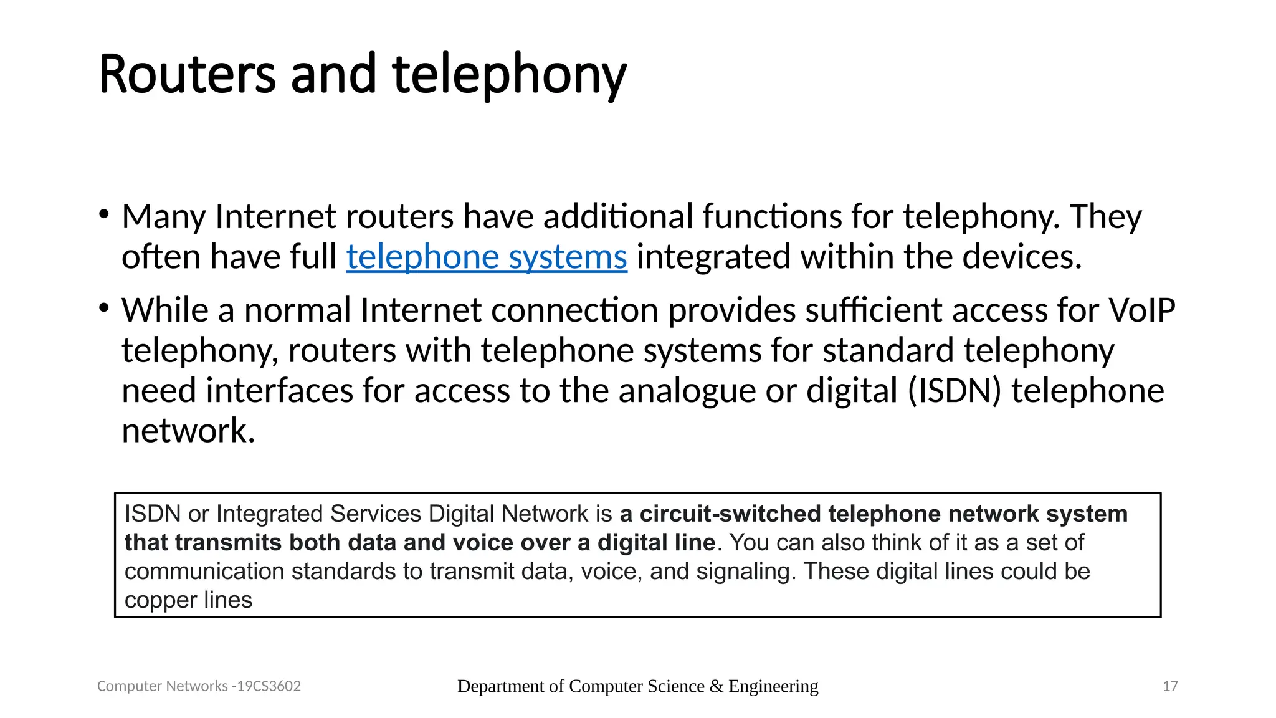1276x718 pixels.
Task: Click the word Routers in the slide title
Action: (187, 75)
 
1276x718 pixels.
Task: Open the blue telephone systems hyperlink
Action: (486, 257)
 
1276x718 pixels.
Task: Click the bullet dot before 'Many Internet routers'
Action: (104, 215)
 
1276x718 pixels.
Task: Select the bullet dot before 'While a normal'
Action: (104, 308)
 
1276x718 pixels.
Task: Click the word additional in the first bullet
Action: (617, 217)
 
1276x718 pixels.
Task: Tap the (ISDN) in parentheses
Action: (954, 391)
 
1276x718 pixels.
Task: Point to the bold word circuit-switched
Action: (730, 514)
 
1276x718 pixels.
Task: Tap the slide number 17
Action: (1170, 686)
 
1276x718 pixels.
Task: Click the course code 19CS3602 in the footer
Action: (269, 686)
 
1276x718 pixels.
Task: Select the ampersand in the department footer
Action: (716, 686)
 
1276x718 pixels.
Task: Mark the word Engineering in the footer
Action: (773, 686)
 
